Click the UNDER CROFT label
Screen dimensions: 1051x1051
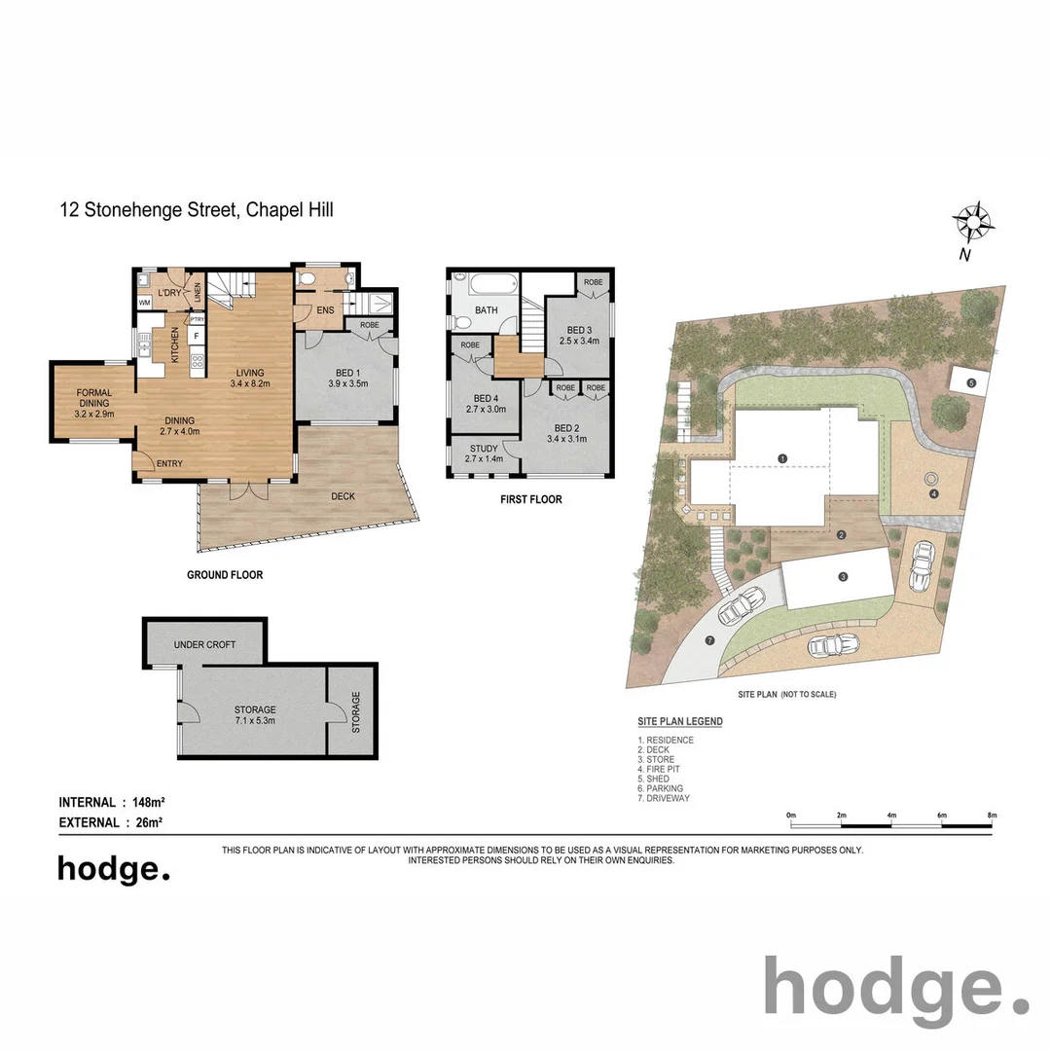[204, 645]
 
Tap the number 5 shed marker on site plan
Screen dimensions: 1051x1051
[971, 383]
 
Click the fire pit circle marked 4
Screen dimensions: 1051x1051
[932, 479]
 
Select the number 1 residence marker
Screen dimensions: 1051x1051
[782, 457]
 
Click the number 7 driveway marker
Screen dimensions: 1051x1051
[710, 640]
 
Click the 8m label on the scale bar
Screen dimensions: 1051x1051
[991, 815]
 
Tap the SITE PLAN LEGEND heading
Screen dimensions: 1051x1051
[679, 722]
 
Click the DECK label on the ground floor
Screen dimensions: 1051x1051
[343, 496]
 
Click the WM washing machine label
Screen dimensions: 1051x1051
[145, 303]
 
